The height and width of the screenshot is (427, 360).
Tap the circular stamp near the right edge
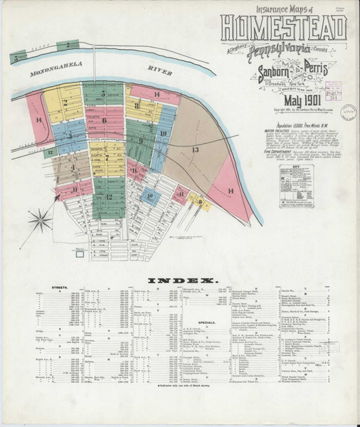point(349,112)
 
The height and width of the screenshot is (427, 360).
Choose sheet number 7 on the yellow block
point(107,157)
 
